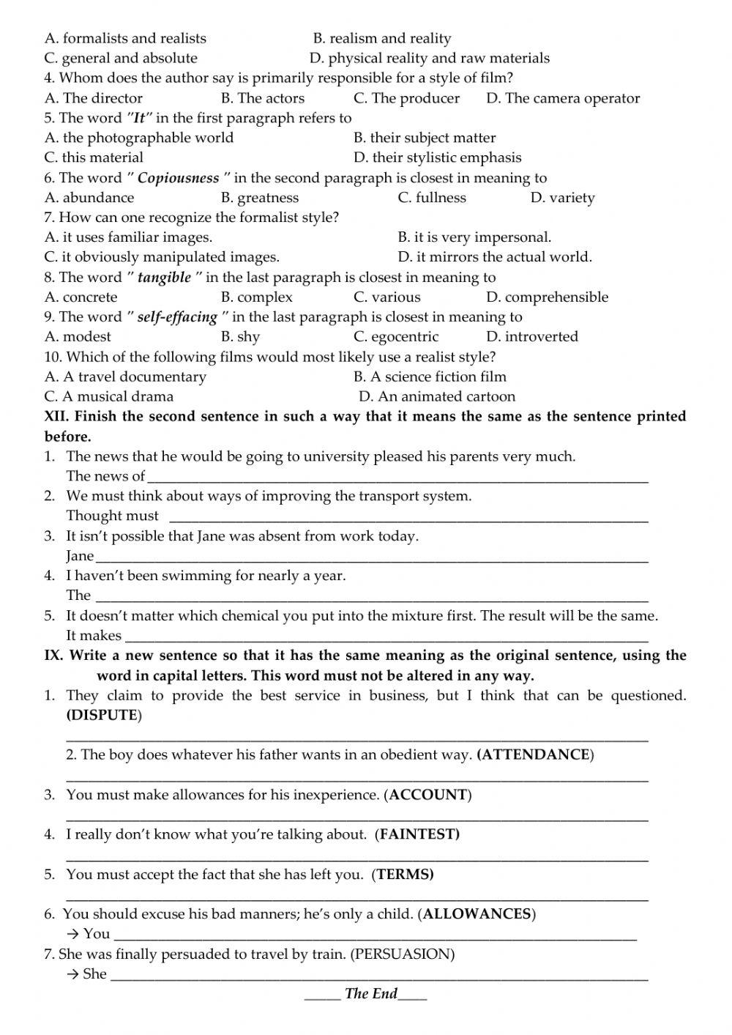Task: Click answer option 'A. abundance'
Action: point(89,198)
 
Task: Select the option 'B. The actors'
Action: point(262,98)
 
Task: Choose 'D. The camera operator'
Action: point(562,98)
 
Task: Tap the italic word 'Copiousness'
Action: point(178,178)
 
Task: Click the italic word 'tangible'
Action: point(164,278)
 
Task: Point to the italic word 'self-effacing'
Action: point(177,317)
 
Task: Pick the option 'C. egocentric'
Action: point(396,337)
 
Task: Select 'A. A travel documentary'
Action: point(125,376)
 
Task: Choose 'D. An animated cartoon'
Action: point(437,396)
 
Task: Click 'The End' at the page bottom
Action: point(370,993)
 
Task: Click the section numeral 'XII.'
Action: point(57,416)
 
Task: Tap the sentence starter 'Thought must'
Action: point(112,516)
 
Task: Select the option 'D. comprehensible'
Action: point(547,297)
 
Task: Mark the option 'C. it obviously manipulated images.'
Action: point(162,257)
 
